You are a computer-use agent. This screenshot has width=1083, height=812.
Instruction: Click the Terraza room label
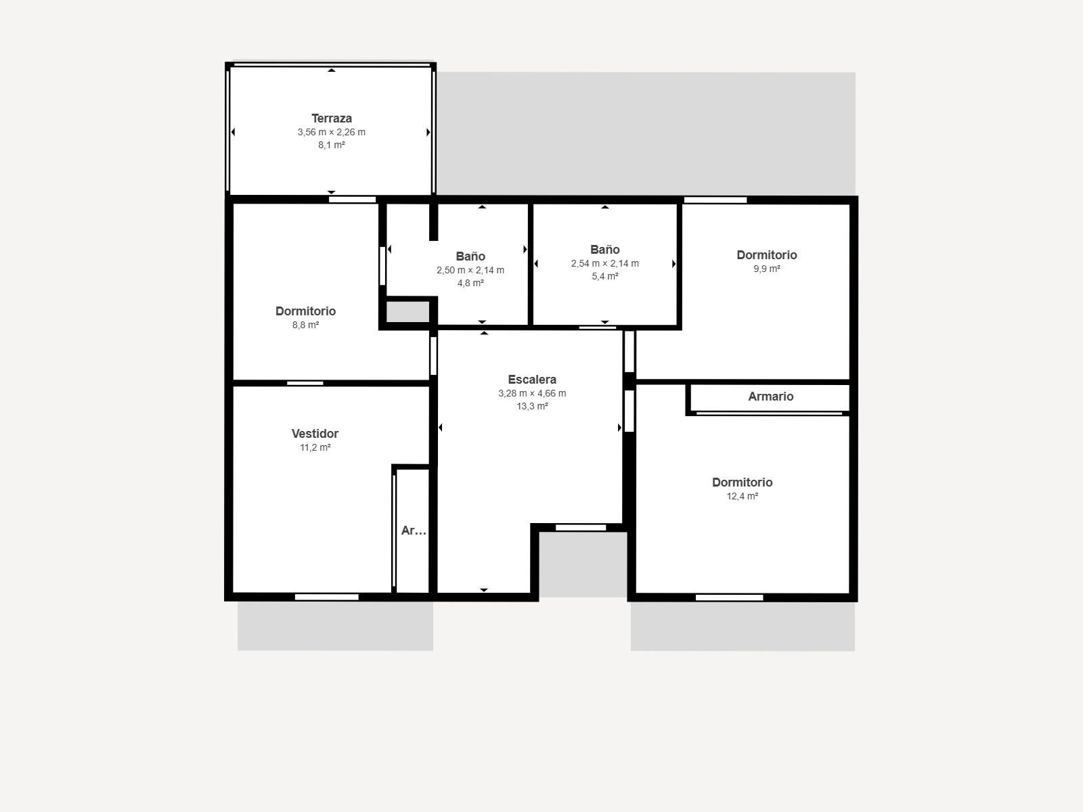pyautogui.click(x=332, y=118)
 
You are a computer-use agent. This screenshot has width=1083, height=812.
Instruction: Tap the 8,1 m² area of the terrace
pyautogui.click(x=332, y=145)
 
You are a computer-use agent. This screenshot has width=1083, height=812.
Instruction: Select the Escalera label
pyautogui.click(x=532, y=380)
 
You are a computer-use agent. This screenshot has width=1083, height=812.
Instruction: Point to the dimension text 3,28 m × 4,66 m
pyautogui.click(x=532, y=393)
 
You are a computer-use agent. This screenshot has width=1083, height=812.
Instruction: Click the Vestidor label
pyautogui.click(x=315, y=434)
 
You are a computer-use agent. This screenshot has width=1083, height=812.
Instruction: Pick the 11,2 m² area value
pyautogui.click(x=315, y=448)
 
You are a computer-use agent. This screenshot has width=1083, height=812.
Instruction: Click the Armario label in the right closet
pyautogui.click(x=771, y=397)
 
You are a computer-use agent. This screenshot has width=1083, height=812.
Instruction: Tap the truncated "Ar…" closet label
pyautogui.click(x=414, y=531)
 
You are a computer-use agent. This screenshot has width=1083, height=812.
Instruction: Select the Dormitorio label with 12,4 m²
pyautogui.click(x=742, y=482)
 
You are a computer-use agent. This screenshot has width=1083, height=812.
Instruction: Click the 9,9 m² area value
pyautogui.click(x=767, y=269)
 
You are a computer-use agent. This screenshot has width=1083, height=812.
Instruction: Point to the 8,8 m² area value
pyautogui.click(x=305, y=325)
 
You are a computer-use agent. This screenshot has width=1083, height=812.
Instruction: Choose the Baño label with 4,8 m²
pyautogui.click(x=470, y=256)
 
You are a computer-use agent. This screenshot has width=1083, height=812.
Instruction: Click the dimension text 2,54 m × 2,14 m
pyautogui.click(x=605, y=263)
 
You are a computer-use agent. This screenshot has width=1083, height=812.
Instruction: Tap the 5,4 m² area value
pyautogui.click(x=605, y=277)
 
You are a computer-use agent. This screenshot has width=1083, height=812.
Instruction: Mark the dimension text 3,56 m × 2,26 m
pyautogui.click(x=332, y=132)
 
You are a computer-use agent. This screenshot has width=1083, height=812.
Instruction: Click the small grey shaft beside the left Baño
pyautogui.click(x=407, y=311)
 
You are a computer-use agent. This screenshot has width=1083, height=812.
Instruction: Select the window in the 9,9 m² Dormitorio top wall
pyautogui.click(x=715, y=200)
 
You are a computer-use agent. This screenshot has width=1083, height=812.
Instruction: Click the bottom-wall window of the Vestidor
pyautogui.click(x=327, y=597)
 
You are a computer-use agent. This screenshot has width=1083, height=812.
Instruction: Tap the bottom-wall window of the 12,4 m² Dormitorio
pyautogui.click(x=729, y=597)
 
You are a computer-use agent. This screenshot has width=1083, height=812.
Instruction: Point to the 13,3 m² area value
pyautogui.click(x=532, y=406)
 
